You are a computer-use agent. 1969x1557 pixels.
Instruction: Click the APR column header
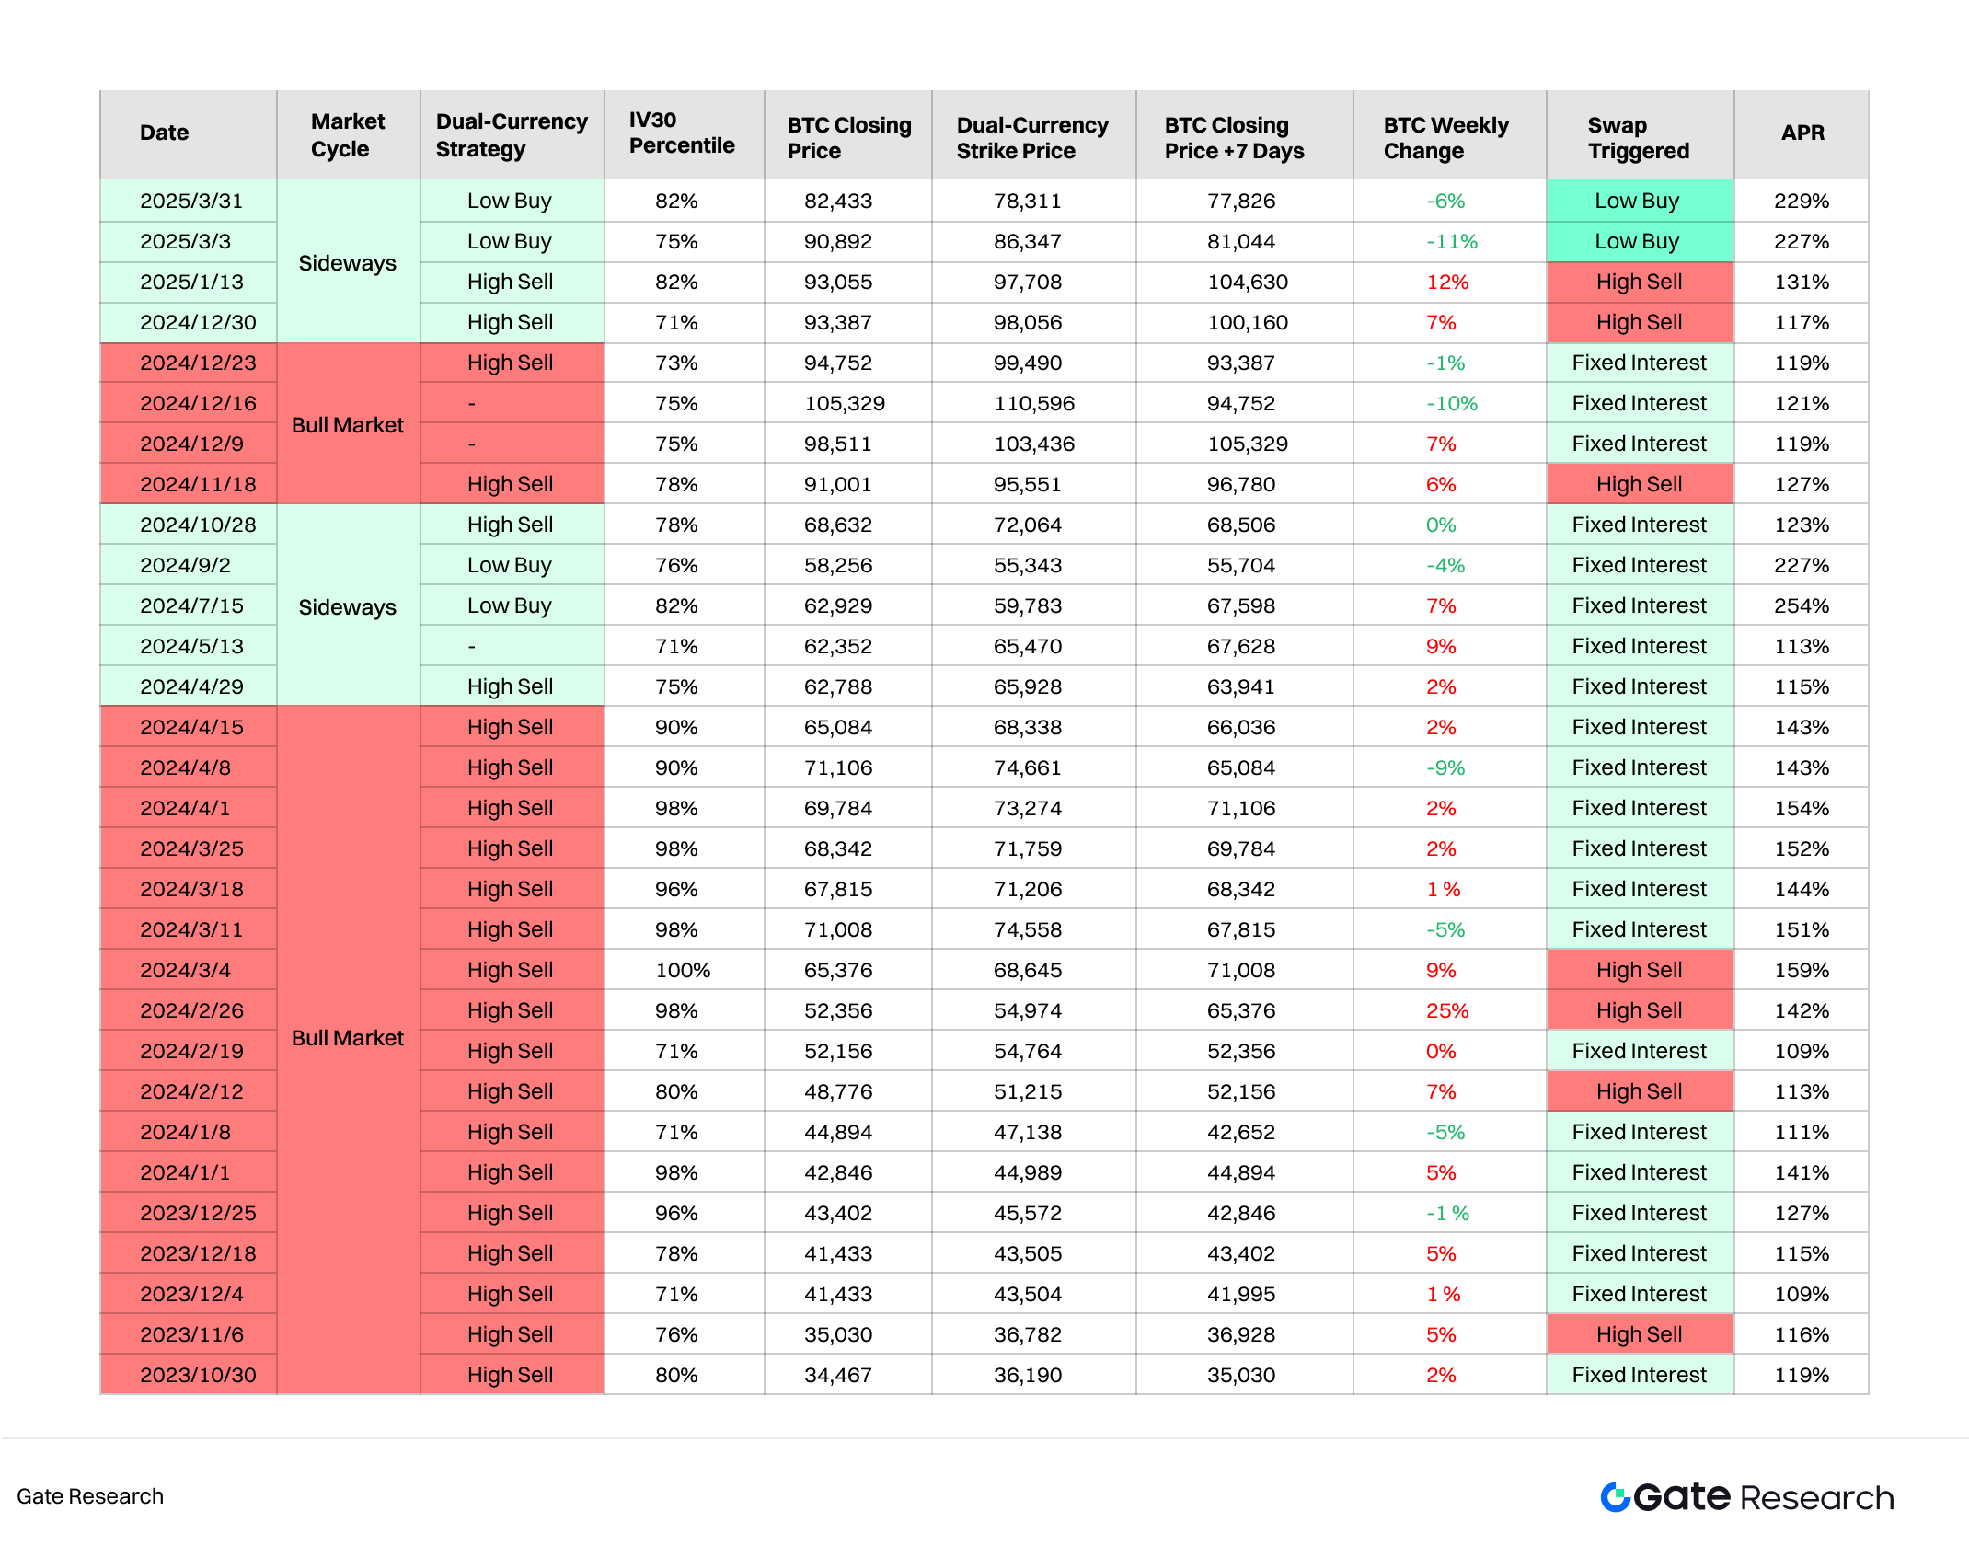[1802, 133]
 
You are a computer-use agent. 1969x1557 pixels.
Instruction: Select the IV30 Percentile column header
[682, 133]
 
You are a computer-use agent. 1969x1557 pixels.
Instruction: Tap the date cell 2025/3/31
[191, 202]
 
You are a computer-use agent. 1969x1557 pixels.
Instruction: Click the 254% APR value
[1802, 606]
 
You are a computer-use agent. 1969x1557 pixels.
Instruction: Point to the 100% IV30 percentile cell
[682, 971]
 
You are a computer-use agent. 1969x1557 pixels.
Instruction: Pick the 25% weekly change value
[1446, 1011]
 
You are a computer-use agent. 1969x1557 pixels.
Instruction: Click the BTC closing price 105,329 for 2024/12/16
[844, 404]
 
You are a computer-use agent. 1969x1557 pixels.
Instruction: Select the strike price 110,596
[1034, 404]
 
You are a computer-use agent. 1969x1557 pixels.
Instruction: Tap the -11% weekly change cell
[1451, 242]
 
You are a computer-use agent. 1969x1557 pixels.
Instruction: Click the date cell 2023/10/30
[198, 1376]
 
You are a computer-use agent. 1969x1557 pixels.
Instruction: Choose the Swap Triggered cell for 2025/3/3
[1638, 242]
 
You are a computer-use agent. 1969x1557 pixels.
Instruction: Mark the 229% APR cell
[1802, 202]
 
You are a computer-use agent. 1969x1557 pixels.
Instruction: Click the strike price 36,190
[1027, 1376]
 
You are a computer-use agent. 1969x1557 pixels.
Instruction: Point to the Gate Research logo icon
[1615, 1497]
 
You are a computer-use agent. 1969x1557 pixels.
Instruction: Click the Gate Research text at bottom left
[90, 1497]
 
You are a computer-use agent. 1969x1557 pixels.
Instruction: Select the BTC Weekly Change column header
[1445, 138]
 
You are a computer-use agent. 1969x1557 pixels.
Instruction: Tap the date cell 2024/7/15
[191, 606]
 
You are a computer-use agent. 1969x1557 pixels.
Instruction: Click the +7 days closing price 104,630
[1247, 283]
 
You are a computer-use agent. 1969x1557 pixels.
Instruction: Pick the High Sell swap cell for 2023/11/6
[1639, 1335]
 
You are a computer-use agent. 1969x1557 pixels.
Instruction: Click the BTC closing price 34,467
[837, 1376]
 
